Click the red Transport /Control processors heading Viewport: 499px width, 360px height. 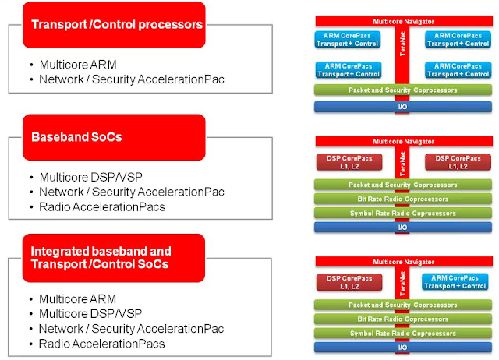click(x=114, y=25)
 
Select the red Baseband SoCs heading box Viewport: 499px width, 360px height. click(x=114, y=137)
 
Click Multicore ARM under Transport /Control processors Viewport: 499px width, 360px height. click(x=78, y=65)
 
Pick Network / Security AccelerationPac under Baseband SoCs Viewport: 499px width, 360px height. click(x=132, y=192)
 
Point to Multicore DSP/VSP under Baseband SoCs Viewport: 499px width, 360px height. click(x=91, y=177)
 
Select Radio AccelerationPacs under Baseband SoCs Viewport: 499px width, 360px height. click(x=102, y=207)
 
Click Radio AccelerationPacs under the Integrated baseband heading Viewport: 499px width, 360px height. click(x=102, y=344)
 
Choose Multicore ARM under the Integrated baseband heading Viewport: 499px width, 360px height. click(x=78, y=299)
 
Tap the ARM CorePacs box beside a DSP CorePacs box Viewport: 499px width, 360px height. click(x=455, y=282)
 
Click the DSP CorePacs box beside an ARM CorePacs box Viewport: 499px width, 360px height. click(x=349, y=282)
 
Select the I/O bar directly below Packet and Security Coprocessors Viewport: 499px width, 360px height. click(x=403, y=107)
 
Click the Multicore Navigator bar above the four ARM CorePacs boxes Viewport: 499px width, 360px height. click(x=404, y=21)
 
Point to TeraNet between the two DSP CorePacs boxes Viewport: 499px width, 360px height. click(x=402, y=164)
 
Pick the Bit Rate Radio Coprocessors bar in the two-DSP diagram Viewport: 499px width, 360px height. click(x=403, y=199)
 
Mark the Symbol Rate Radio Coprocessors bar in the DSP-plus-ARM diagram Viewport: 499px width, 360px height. click(x=403, y=334)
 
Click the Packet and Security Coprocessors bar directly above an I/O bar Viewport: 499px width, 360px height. click(x=403, y=90)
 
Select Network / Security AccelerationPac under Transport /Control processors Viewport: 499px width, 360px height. click(x=132, y=79)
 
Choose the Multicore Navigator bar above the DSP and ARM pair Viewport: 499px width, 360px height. click(x=404, y=262)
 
